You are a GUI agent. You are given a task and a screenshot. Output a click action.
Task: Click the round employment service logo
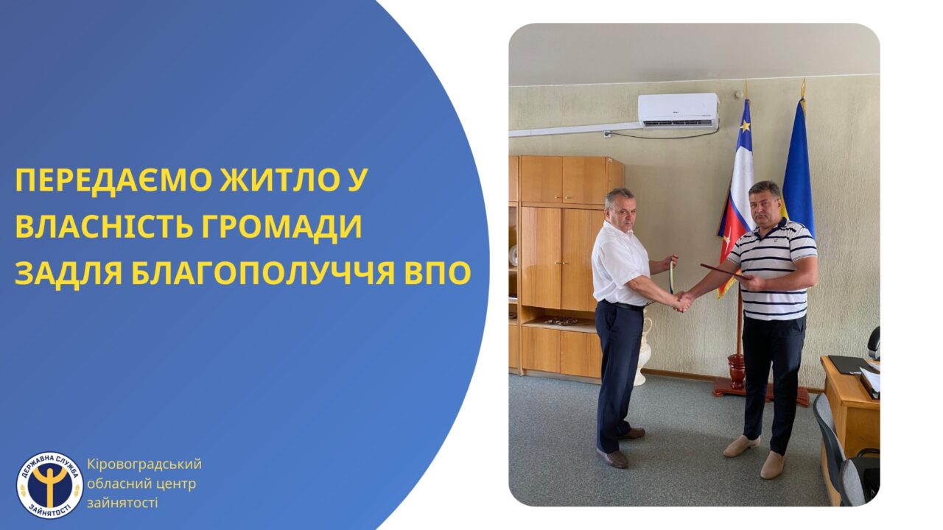(x=49, y=484)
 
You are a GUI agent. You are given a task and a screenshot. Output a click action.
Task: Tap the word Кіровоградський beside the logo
(x=144, y=464)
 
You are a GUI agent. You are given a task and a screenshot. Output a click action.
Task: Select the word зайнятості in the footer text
(x=122, y=503)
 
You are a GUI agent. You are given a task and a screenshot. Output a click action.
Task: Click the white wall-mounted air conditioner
(x=679, y=110)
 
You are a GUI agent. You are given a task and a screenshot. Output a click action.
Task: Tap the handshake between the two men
(x=684, y=301)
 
